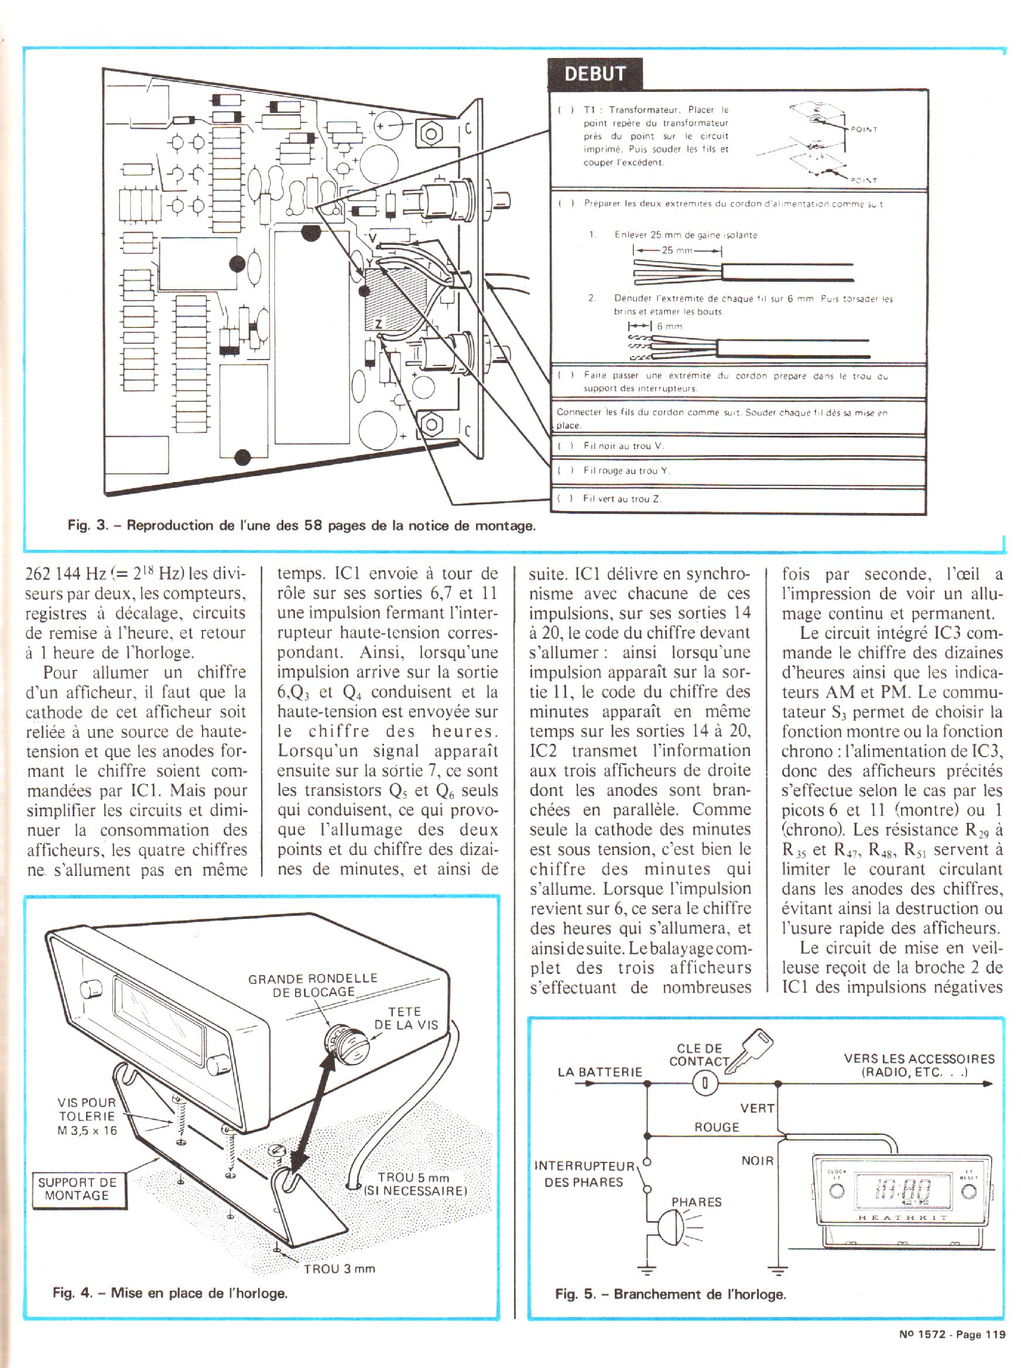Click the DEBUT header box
595,74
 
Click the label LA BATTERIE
599,1072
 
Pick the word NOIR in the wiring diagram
757,1161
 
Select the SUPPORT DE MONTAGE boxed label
77,1189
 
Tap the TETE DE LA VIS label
406,1017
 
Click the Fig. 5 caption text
670,1294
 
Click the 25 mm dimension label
677,251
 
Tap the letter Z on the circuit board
378,323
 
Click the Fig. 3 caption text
301,526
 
